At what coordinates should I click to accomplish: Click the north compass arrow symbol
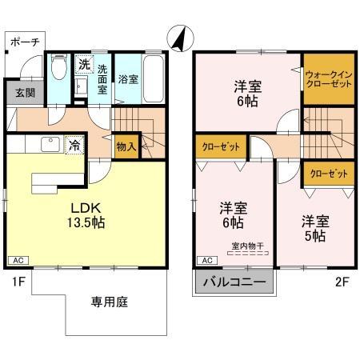pos(179,37)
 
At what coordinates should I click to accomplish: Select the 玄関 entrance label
pos(24,92)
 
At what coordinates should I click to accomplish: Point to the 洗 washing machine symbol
pos(84,63)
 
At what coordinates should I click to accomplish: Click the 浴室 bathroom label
pos(128,78)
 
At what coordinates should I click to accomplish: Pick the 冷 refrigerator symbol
pos(74,146)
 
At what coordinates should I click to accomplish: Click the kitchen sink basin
pos(47,145)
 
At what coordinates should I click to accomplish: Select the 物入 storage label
pos(126,146)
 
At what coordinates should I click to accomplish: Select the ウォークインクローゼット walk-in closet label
pos(328,80)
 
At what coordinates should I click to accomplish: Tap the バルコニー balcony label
pos(234,282)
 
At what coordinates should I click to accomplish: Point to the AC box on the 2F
pos(206,261)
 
